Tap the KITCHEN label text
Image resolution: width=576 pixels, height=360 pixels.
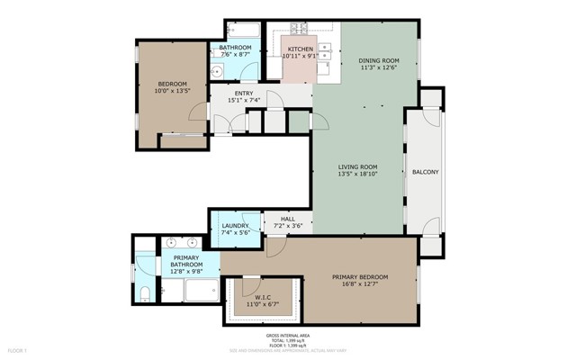pos(300,49)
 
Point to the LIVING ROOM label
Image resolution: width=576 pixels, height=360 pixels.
pos(357,166)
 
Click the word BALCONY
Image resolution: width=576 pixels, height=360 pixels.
pos(426,171)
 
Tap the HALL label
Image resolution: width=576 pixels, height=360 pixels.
pos(287,218)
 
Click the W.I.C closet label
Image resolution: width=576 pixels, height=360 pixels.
pos(263,297)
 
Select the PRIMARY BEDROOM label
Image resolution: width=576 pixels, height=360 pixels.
pos(360,276)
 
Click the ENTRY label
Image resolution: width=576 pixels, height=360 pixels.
pos(244,93)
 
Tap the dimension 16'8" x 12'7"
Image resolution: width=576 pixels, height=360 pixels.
pos(360,285)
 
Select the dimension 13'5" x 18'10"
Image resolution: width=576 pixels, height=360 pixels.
pos(357,175)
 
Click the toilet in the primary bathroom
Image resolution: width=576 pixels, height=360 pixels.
pos(145,291)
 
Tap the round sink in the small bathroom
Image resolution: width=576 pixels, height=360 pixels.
pos(216,73)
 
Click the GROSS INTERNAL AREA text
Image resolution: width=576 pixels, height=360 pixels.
pos(288,335)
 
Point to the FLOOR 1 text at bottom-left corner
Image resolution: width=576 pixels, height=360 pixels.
pos(18,349)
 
